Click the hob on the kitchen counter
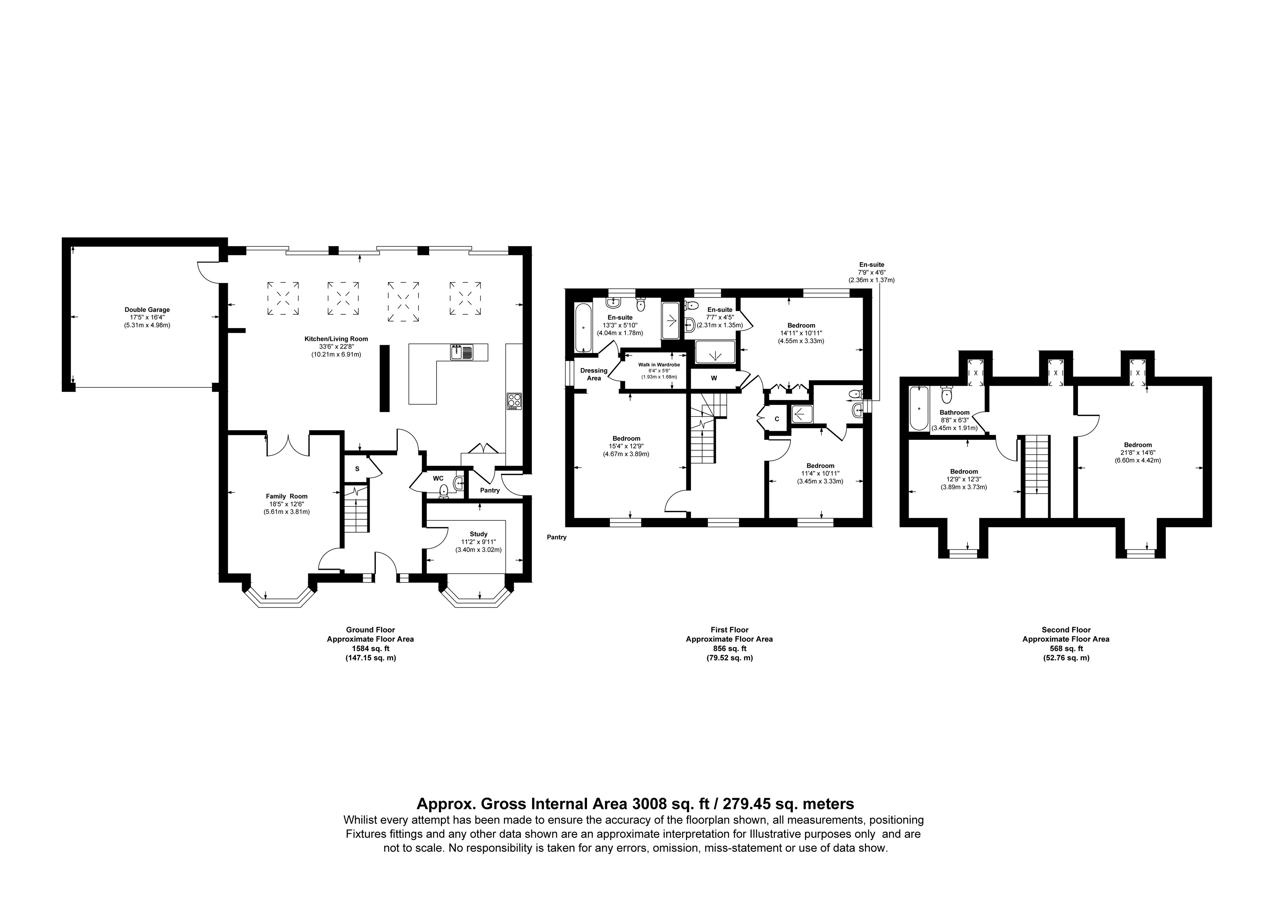[514, 401]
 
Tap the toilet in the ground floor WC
[444, 491]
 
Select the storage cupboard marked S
[357, 469]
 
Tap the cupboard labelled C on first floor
[776, 419]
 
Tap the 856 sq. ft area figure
[729, 648]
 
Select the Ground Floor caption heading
[370, 629]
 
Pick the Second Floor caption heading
[1066, 629]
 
